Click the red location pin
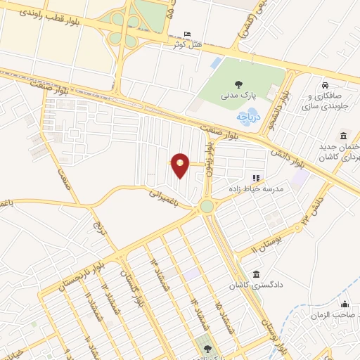point(181,165)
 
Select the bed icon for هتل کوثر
point(186,34)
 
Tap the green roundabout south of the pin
point(207,206)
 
